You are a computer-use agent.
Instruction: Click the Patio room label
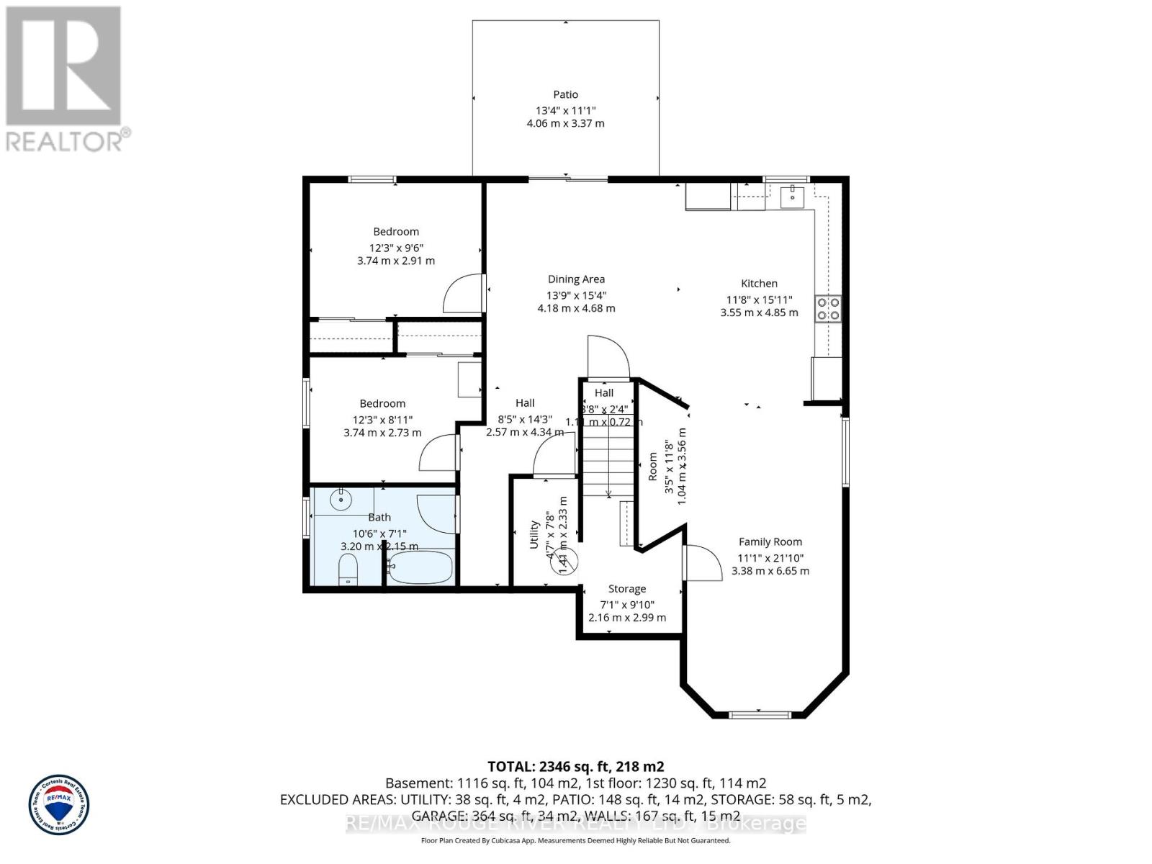(565, 94)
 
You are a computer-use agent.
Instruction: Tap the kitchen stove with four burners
(828, 308)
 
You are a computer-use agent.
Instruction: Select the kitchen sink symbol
(791, 194)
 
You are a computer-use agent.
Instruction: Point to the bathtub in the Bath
(420, 568)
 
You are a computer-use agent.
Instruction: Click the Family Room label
(770, 542)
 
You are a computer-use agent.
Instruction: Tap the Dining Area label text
(576, 279)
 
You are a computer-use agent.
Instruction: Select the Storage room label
(626, 589)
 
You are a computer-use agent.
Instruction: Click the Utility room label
(534, 535)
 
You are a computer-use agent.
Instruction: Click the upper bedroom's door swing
(462, 294)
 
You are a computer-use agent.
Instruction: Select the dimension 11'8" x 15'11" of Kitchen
(759, 300)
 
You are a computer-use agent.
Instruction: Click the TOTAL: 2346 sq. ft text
(575, 766)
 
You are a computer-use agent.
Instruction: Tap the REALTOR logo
(65, 79)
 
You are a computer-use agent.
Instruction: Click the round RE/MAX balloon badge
(59, 804)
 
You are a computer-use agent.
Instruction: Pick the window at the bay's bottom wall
(759, 714)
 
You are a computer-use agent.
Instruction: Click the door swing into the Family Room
(703, 563)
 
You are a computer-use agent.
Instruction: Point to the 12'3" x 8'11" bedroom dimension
(382, 420)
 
